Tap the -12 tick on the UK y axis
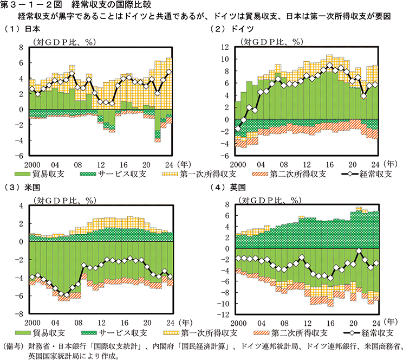click(224, 314)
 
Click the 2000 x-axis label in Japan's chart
click(32, 163)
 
